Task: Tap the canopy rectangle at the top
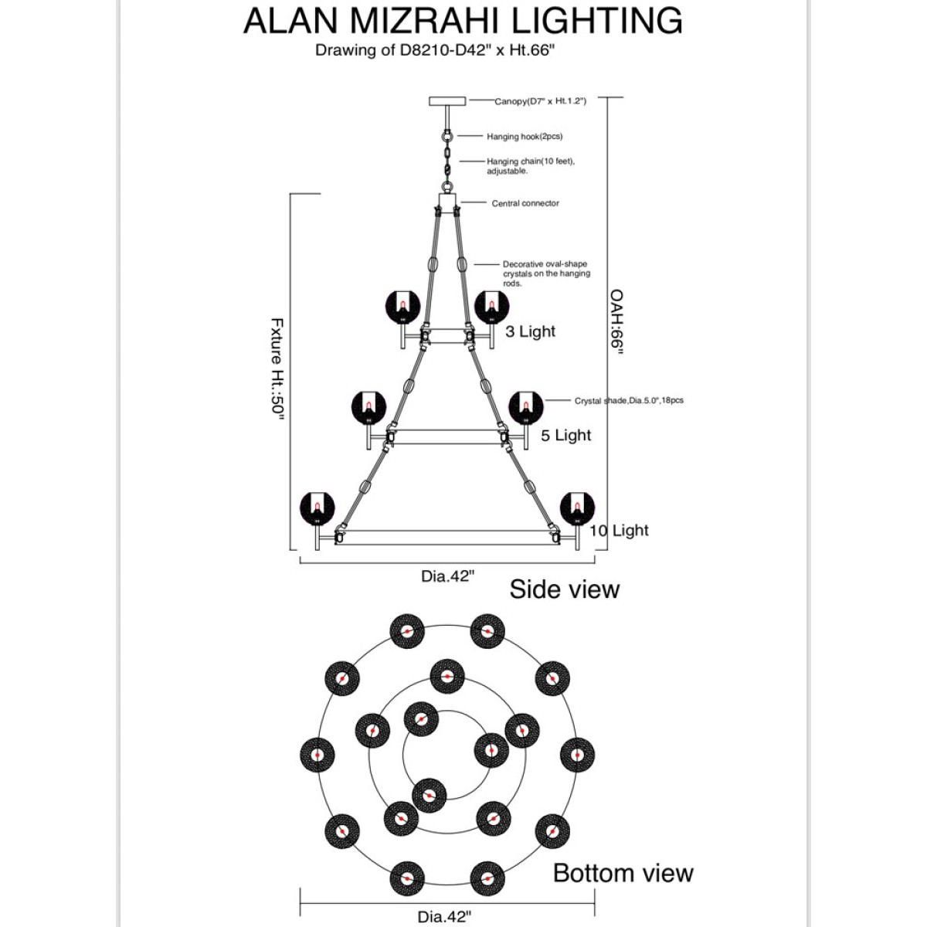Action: click(447, 101)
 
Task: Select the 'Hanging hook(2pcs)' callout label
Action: click(525, 137)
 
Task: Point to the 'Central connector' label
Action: click(525, 203)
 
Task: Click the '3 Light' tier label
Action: click(530, 331)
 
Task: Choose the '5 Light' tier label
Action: click(565, 436)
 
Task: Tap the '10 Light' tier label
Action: click(619, 531)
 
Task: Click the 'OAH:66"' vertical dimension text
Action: click(616, 322)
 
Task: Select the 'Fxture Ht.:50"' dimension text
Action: click(277, 368)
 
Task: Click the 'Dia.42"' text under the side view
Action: click(448, 576)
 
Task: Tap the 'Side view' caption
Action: click(564, 589)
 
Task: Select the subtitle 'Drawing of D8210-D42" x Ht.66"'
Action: click(435, 50)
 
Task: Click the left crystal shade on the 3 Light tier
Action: click(402, 307)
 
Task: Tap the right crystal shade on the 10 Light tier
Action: click(577, 509)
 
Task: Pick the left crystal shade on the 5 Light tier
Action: click(368, 408)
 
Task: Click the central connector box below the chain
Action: click(447, 203)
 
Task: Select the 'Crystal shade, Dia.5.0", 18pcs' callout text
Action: click(629, 400)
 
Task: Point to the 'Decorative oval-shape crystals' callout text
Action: click(546, 273)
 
